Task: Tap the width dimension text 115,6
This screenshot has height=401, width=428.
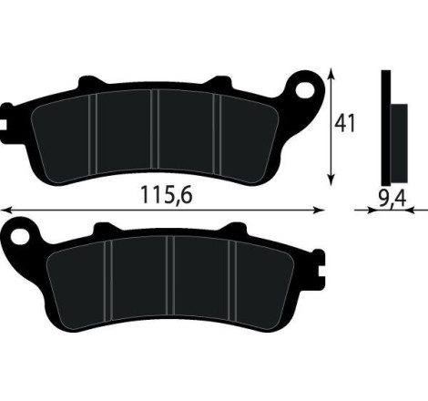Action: click(168, 195)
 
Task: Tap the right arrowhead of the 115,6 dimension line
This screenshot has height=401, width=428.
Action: click(321, 209)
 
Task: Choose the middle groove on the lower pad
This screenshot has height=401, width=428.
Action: click(169, 278)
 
